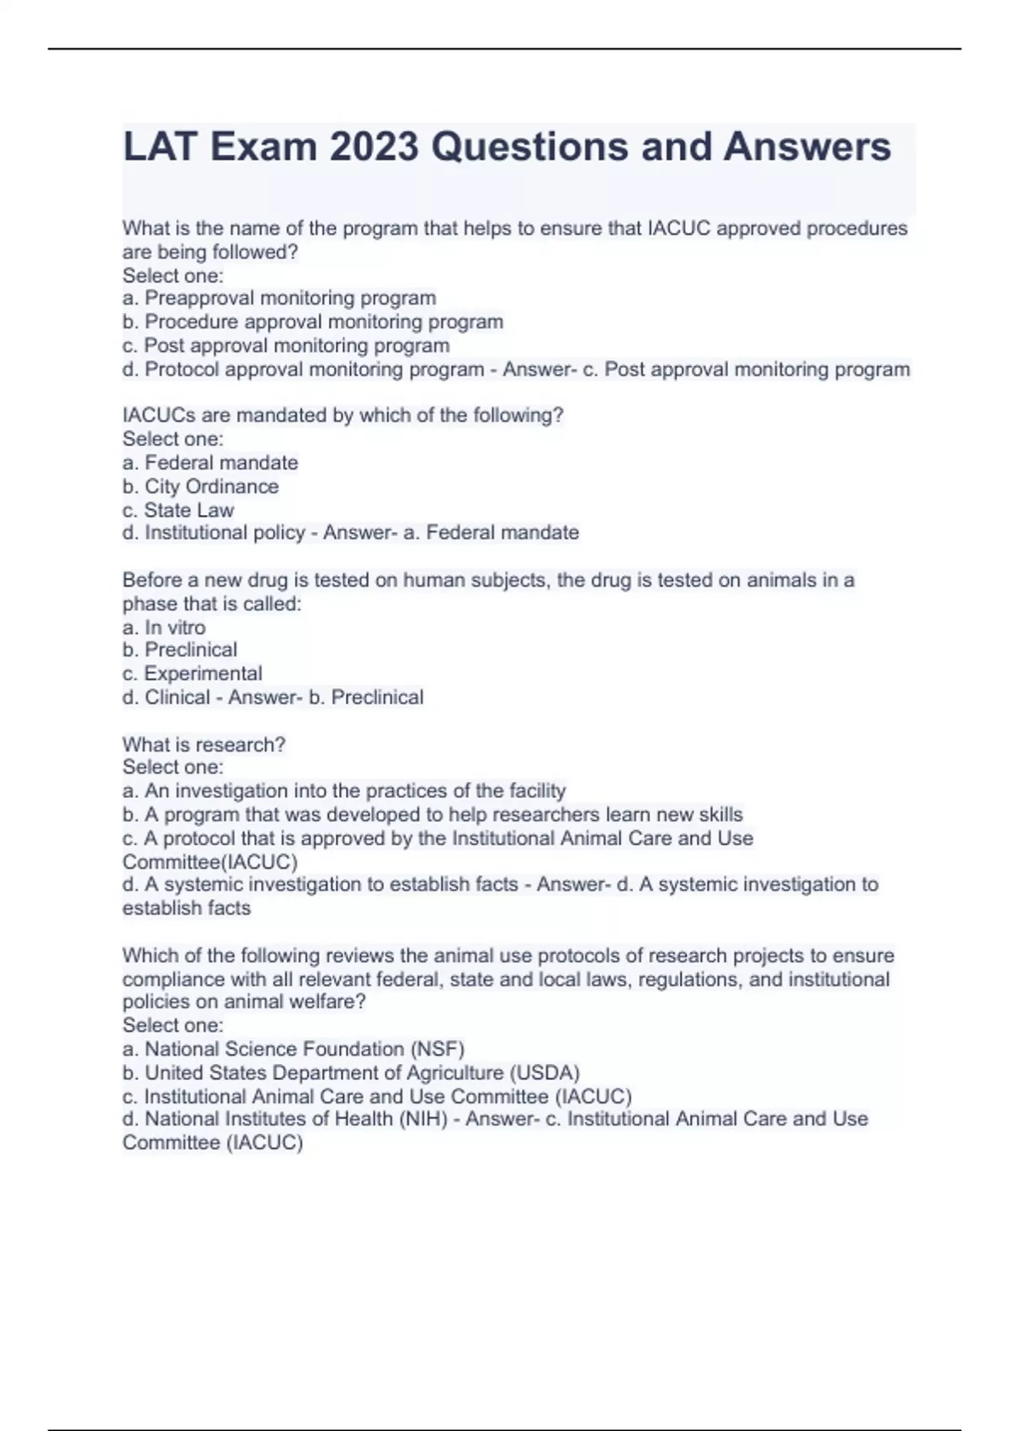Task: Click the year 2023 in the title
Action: click(x=373, y=147)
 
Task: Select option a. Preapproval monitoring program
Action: click(x=279, y=298)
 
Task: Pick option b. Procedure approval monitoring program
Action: click(x=313, y=322)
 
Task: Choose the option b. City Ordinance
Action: click(x=200, y=487)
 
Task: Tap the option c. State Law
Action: click(x=178, y=510)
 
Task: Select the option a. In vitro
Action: click(x=164, y=628)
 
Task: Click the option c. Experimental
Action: click(x=193, y=673)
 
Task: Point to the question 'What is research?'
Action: click(x=204, y=745)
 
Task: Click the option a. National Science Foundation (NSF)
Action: click(x=294, y=1049)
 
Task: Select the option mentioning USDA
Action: click(x=352, y=1072)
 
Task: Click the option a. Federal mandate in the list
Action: click(x=210, y=463)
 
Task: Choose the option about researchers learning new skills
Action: click(x=433, y=815)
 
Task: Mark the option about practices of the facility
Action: click(x=344, y=791)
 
